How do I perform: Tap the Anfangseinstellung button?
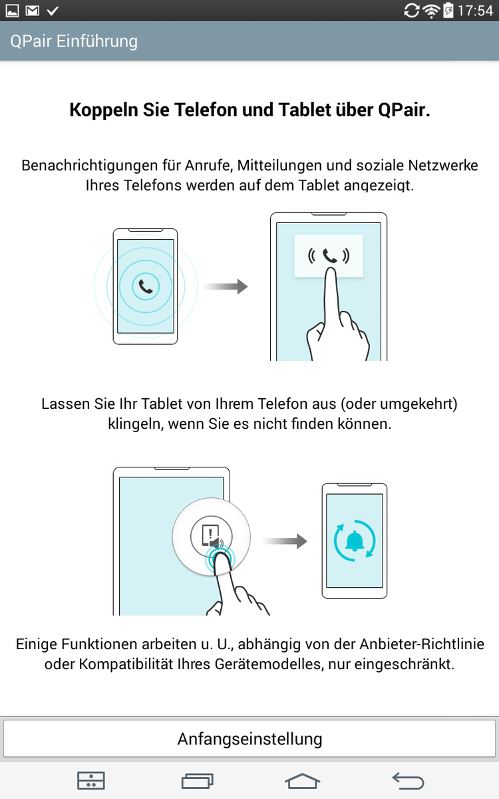pos(249,738)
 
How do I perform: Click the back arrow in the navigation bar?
pos(408,781)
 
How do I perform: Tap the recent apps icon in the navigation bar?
pos(197,781)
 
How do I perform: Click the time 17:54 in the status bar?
pos(475,11)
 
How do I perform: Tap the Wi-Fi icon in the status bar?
pos(431,11)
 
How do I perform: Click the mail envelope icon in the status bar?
pos(33,11)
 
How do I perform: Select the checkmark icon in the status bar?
pos(53,11)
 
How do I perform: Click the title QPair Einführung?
pos(74,41)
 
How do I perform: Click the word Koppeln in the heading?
pos(104,110)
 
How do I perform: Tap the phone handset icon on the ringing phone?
pos(146,286)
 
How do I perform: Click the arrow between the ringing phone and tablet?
pos(226,286)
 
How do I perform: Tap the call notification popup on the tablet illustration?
pos(329,256)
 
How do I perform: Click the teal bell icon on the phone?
pos(355,541)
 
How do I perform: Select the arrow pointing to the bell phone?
pos(285,541)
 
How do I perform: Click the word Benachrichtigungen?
pos(89,166)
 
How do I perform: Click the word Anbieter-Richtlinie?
pos(422,645)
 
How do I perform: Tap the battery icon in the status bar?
pos(448,11)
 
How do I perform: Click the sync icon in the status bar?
pos(412,11)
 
